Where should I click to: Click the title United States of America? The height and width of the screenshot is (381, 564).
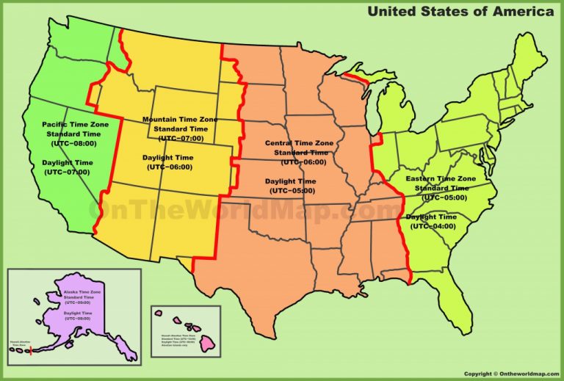(460, 11)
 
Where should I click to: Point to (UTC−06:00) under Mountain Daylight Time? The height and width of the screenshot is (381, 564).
(170, 167)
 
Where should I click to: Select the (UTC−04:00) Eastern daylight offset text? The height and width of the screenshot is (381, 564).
(433, 226)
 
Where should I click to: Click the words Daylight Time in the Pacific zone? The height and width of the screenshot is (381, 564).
(67, 162)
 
